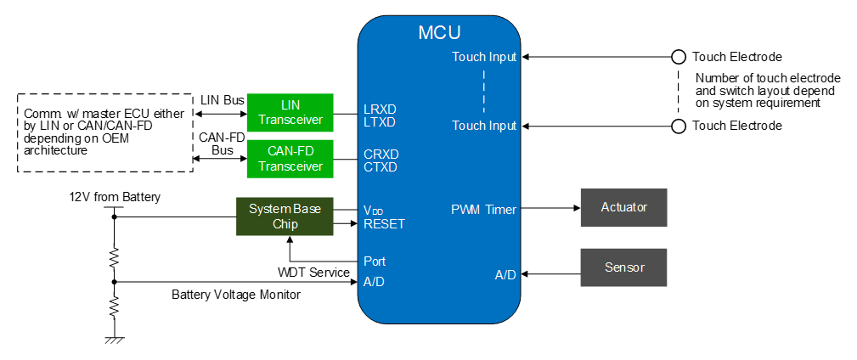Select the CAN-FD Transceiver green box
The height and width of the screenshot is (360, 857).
click(x=290, y=159)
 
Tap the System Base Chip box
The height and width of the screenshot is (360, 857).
click(x=285, y=217)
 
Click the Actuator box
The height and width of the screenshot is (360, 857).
click(x=623, y=208)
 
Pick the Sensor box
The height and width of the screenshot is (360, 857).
click(x=623, y=267)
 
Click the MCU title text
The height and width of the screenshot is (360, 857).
click(x=439, y=33)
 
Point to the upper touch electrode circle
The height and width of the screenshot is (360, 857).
click(x=678, y=57)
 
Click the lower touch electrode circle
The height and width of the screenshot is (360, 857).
click(x=678, y=127)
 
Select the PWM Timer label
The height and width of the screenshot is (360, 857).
click(x=483, y=209)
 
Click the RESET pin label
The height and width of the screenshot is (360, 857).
click(x=384, y=224)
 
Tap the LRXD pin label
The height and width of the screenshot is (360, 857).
click(x=380, y=109)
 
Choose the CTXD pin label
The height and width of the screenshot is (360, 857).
click(x=380, y=166)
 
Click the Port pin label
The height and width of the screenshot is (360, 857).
click(x=375, y=262)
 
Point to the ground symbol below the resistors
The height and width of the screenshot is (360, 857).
click(x=114, y=340)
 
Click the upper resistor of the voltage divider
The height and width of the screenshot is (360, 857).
click(x=114, y=256)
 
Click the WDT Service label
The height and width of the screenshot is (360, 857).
click(x=313, y=272)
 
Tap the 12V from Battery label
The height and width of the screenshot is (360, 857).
click(x=115, y=197)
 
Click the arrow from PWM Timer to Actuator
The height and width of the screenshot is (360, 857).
click(x=551, y=208)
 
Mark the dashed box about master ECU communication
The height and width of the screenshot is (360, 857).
click(x=103, y=132)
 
